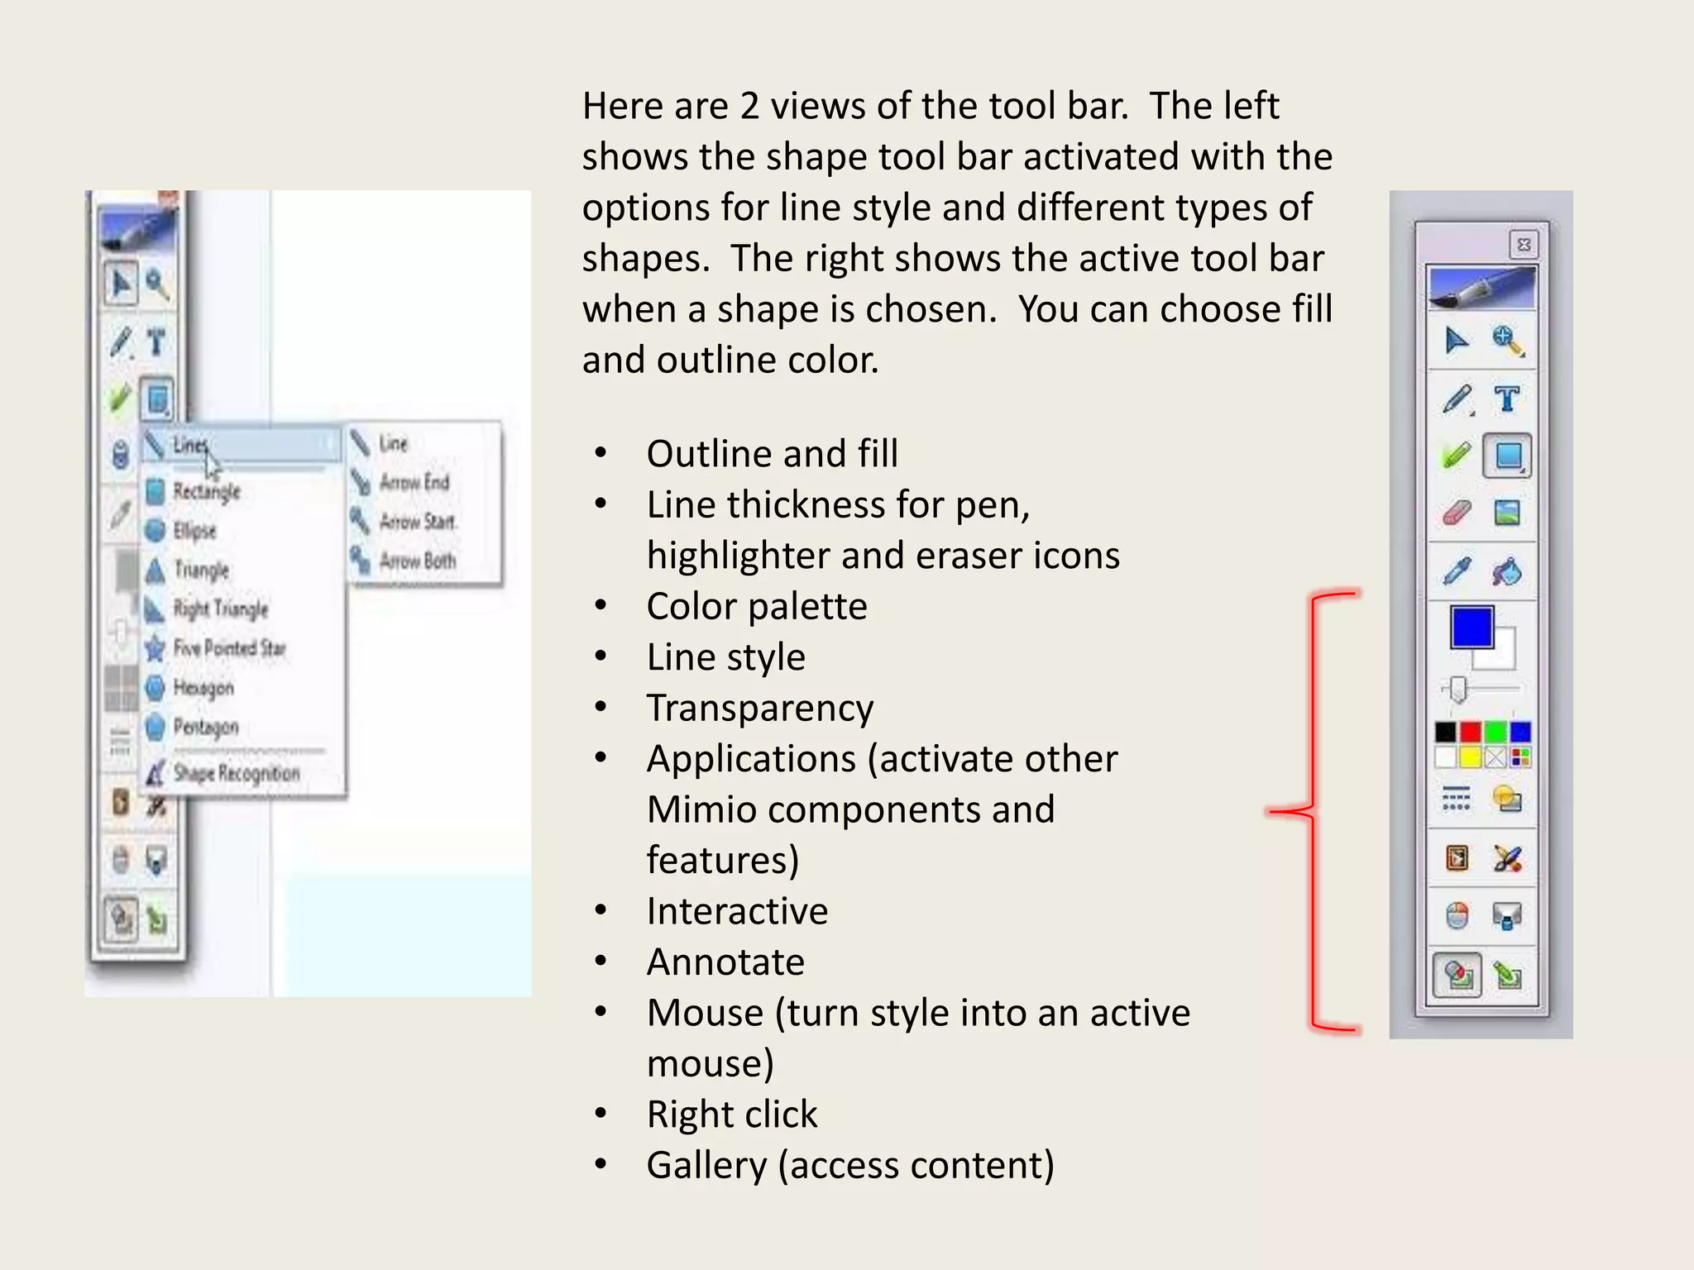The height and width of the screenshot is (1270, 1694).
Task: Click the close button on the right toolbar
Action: point(1524,245)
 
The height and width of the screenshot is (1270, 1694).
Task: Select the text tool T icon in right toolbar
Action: point(1507,399)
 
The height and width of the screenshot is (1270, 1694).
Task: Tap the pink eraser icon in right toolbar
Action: point(1457,513)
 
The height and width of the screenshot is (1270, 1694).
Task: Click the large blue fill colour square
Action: point(1471,628)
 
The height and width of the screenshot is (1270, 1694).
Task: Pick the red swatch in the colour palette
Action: point(1470,732)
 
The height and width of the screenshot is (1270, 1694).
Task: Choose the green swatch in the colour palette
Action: point(1495,732)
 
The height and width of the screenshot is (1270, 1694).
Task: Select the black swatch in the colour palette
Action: point(1445,732)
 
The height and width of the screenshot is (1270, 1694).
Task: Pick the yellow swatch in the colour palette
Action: point(1470,757)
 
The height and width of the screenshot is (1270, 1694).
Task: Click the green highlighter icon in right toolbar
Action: point(1457,455)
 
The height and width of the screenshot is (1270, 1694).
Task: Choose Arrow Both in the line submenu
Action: point(417,561)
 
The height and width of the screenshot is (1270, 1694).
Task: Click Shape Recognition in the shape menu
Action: point(236,774)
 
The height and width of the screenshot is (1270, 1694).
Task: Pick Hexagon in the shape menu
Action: point(203,687)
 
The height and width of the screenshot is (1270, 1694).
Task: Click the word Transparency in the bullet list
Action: point(759,709)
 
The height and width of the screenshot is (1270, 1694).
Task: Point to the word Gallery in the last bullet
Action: point(706,1166)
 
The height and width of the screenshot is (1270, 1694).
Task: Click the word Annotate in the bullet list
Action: point(725,962)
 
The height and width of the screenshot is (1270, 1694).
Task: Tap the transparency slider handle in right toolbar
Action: point(1457,689)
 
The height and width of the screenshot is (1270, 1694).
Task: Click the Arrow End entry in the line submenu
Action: point(414,482)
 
